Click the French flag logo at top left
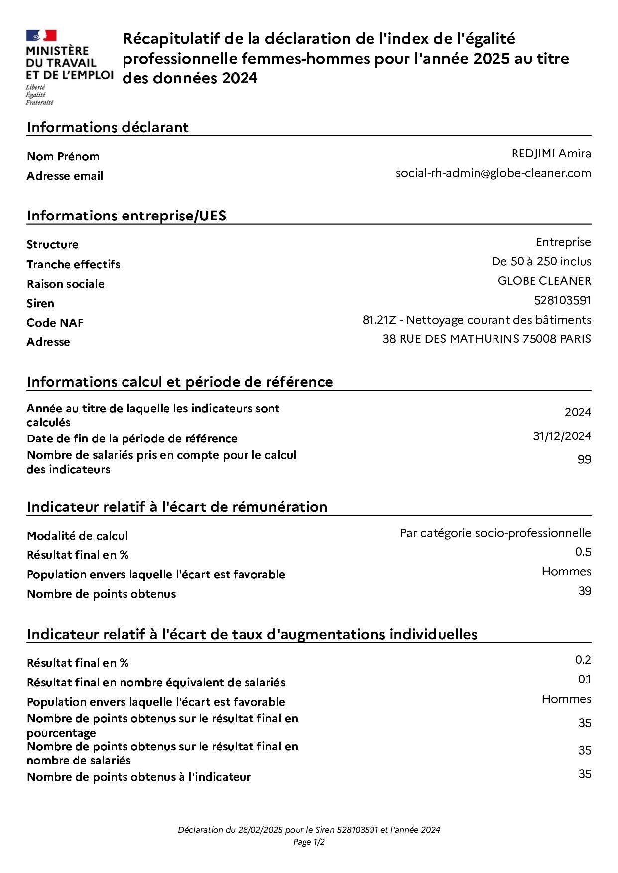pyautogui.click(x=41, y=36)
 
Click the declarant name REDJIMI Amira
pyautogui.click(x=551, y=154)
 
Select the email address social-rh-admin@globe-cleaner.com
pyautogui.click(x=493, y=173)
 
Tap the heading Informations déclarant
pyautogui.click(x=108, y=127)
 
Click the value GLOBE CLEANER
pyautogui.click(x=544, y=281)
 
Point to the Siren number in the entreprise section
pyautogui.click(x=562, y=300)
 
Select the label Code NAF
pyautogui.click(x=55, y=323)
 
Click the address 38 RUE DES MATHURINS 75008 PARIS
pyautogui.click(x=487, y=339)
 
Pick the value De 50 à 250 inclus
pyautogui.click(x=541, y=261)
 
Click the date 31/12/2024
pyautogui.click(x=562, y=436)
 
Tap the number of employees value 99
pyautogui.click(x=584, y=459)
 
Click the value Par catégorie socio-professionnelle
pyautogui.click(x=495, y=533)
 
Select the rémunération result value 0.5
pyautogui.click(x=583, y=552)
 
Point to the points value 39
pyautogui.click(x=585, y=591)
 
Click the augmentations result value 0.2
pyautogui.click(x=583, y=660)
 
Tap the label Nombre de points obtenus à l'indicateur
pyautogui.click(x=139, y=777)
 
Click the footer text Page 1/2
pyautogui.click(x=309, y=842)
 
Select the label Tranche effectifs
pyautogui.click(x=73, y=264)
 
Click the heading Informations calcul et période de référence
pyautogui.click(x=180, y=382)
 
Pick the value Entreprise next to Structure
pyautogui.click(x=563, y=242)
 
